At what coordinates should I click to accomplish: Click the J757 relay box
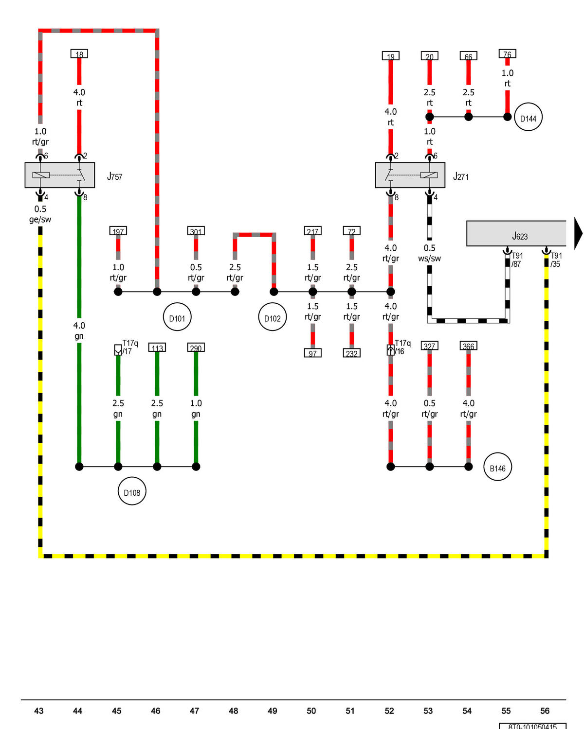point(60,175)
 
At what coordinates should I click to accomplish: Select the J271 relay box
point(410,175)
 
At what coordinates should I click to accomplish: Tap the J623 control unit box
point(516,233)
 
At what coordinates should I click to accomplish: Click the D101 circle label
point(177,316)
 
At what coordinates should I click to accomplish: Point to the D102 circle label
point(273,316)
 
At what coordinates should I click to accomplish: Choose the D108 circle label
point(132,491)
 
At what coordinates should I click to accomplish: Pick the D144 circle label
point(529,117)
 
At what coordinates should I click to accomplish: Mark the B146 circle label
point(497,467)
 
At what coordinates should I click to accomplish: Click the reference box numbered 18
point(79,54)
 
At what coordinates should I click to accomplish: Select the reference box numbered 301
point(196,231)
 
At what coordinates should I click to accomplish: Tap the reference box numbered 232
point(351,353)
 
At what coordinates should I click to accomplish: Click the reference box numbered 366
point(468,346)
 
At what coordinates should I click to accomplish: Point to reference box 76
point(507,53)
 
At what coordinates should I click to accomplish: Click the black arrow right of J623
point(578,233)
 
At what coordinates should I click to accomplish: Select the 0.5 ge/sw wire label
point(40,214)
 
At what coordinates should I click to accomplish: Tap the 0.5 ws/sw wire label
point(429,253)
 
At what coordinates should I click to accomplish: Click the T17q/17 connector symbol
point(118,349)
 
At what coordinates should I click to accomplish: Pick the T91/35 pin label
point(555,260)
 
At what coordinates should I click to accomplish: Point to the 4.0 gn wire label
point(79,330)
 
